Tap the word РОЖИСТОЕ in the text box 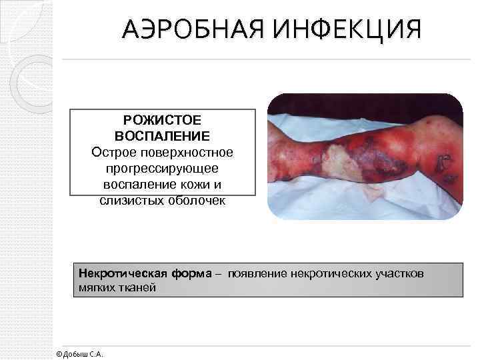click(x=162, y=121)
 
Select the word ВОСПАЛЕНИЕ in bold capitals click(x=162, y=137)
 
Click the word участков click(x=399, y=274)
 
